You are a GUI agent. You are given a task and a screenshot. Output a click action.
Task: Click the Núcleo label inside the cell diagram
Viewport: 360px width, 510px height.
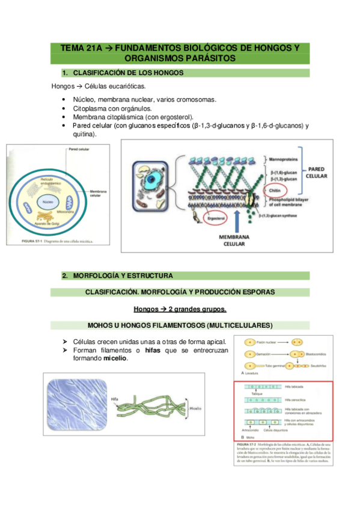(x=48, y=201)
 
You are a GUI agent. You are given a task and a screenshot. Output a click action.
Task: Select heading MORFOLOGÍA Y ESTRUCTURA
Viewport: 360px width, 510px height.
(x=123, y=275)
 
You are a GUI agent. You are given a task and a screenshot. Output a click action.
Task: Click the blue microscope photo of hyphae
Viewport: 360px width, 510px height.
(x=75, y=402)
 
